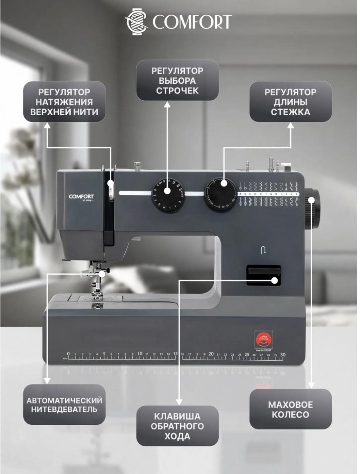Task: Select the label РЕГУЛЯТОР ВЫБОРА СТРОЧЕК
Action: [x=177, y=80]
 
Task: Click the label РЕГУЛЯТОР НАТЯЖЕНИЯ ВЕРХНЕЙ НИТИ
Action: [x=64, y=101]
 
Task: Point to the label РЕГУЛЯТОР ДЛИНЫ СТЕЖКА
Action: [x=290, y=101]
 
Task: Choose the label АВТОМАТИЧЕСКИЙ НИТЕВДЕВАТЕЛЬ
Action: [x=64, y=404]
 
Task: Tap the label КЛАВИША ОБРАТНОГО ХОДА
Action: [x=177, y=426]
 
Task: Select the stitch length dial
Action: [x=221, y=195]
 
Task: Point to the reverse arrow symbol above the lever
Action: [x=263, y=251]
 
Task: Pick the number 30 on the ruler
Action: [x=283, y=354]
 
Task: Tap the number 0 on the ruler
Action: [x=68, y=354]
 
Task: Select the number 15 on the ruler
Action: [x=175, y=354]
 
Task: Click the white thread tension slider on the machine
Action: [x=110, y=189]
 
